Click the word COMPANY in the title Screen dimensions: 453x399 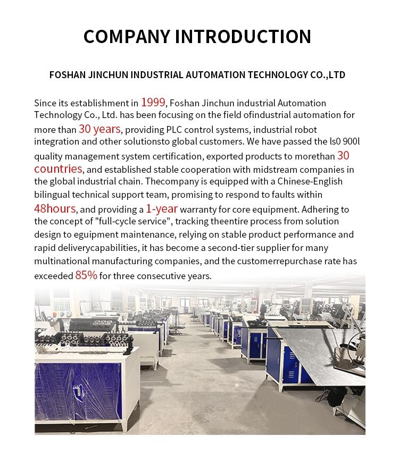127,36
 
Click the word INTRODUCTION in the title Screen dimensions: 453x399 244,36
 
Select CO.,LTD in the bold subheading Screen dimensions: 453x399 328,75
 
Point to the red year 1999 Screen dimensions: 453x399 154,102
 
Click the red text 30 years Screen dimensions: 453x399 100,129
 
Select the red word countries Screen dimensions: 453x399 58,169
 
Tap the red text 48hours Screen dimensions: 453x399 55,208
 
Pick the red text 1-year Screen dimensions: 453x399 162,208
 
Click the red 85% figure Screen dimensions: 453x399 86,275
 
